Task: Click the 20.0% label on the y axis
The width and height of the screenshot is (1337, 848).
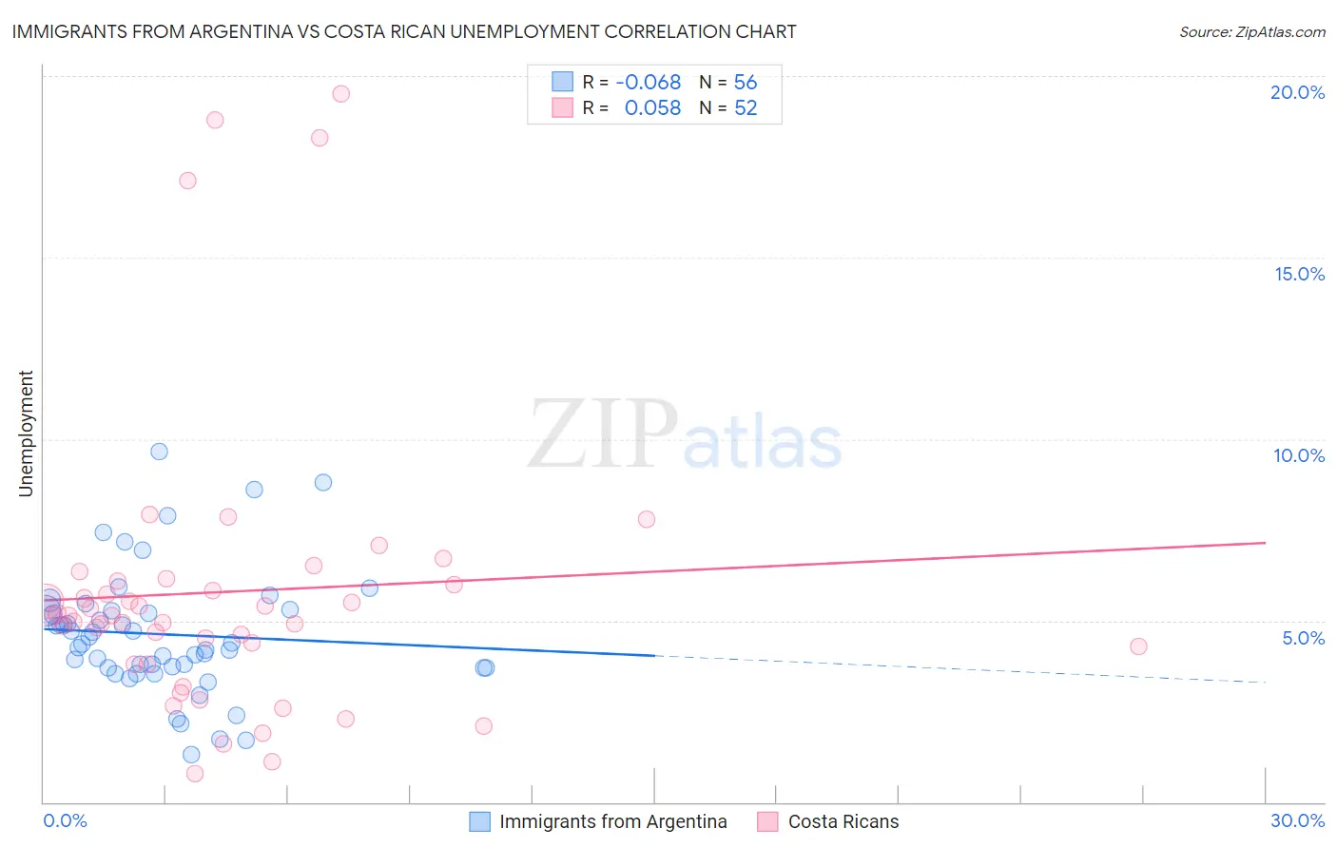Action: point(1297,92)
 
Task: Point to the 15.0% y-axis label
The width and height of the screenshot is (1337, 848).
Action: point(1299,274)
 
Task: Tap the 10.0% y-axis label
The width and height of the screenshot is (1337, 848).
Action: point(1299,455)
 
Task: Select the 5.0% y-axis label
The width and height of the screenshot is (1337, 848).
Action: point(1303,638)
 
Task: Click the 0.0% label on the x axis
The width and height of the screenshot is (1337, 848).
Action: point(65,820)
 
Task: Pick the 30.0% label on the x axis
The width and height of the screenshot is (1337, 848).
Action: point(1297,820)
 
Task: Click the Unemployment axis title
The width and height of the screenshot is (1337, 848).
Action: point(26,434)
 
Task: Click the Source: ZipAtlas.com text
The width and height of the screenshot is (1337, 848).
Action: point(1251,31)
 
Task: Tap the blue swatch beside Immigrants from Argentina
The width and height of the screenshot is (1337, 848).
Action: point(480,821)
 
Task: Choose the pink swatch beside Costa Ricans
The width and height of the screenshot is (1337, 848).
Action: point(767,821)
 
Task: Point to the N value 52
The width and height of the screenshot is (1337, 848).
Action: point(746,108)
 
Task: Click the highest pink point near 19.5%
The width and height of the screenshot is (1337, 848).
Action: point(340,93)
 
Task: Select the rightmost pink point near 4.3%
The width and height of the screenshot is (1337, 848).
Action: point(1138,646)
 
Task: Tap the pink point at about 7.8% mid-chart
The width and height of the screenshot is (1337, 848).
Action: point(647,519)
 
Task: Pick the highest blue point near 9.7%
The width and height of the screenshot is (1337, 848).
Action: point(159,452)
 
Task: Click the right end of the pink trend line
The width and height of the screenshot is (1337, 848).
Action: point(1266,543)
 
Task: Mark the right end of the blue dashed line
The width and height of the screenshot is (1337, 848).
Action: point(1266,682)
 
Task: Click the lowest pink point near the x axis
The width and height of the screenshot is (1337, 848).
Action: point(195,773)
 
